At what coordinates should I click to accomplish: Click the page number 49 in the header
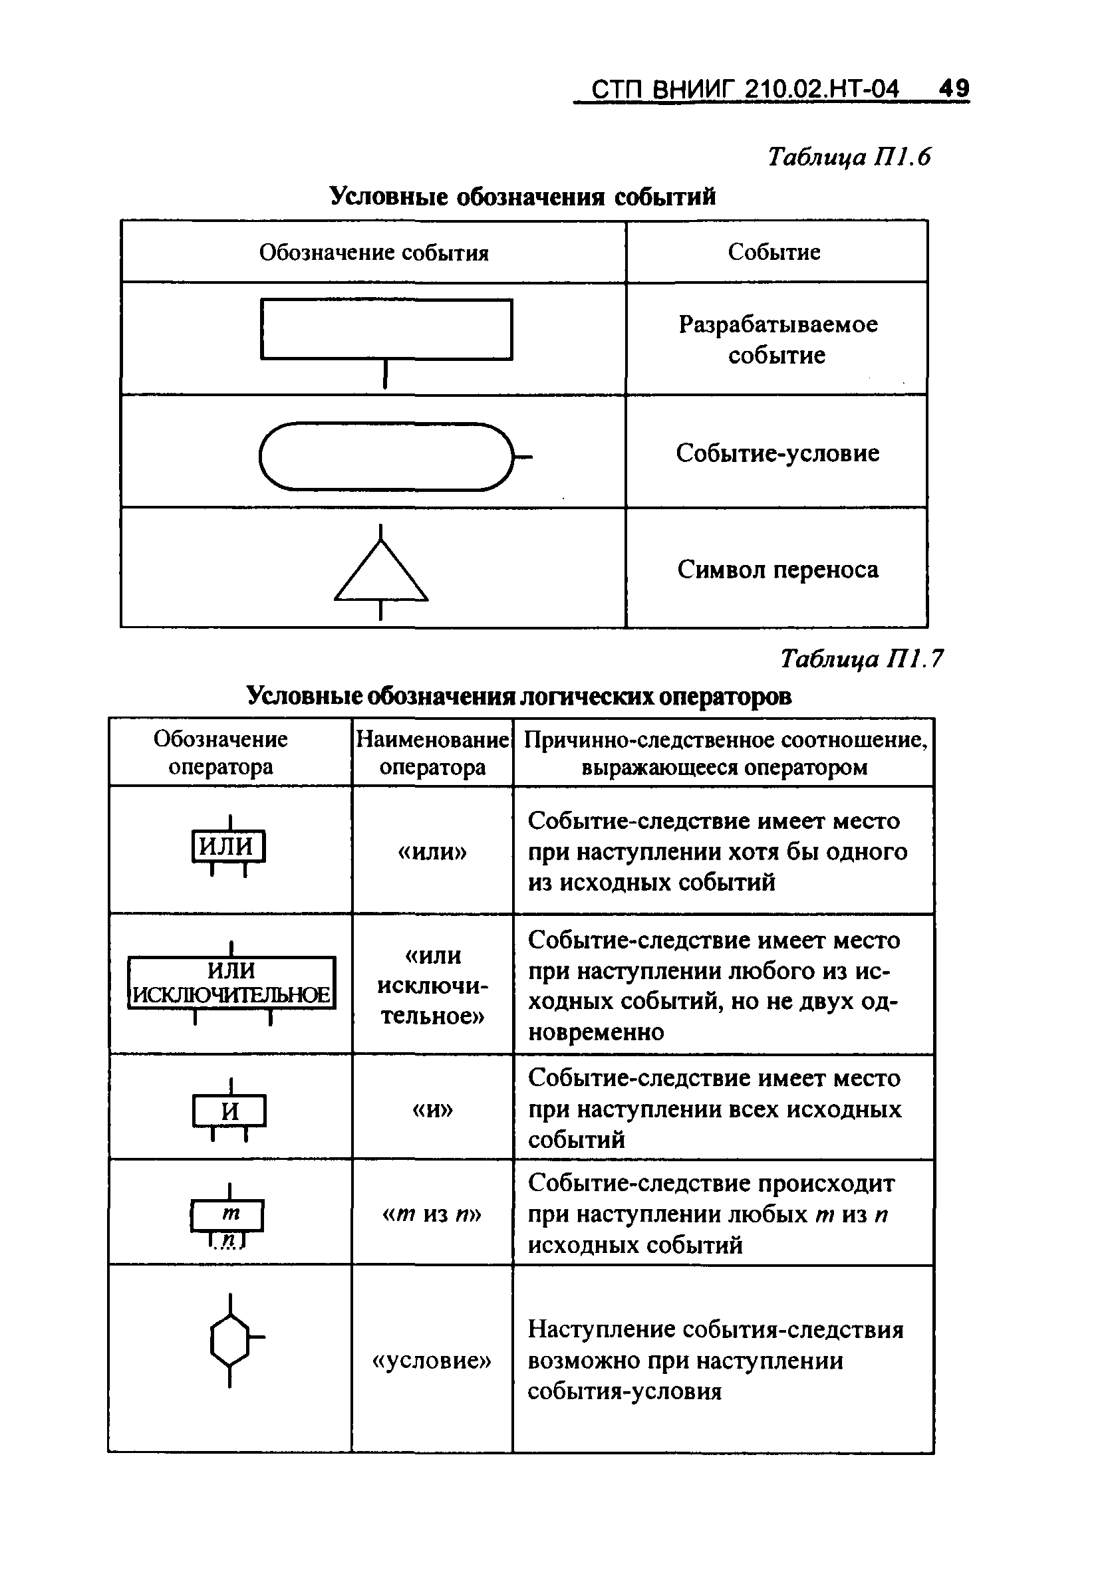pyautogui.click(x=954, y=88)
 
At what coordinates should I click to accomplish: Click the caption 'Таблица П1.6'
pyautogui.click(x=849, y=158)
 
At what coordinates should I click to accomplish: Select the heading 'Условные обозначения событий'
pyautogui.click(x=522, y=197)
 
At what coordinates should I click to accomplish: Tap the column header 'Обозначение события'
pyautogui.click(x=374, y=253)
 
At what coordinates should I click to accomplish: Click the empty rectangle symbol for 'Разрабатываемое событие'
pyautogui.click(x=386, y=329)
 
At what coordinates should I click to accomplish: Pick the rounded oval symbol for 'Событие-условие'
pyautogui.click(x=386, y=457)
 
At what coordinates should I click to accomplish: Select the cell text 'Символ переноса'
pyautogui.click(x=778, y=570)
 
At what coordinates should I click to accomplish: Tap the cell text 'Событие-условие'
pyautogui.click(x=777, y=453)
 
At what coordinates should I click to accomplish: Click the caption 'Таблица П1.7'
pyautogui.click(x=862, y=659)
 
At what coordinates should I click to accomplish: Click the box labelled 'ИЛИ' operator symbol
pyautogui.click(x=227, y=846)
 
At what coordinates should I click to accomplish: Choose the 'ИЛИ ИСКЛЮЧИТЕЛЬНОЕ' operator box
pyautogui.click(x=231, y=983)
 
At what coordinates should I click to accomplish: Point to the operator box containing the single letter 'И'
pyautogui.click(x=229, y=1111)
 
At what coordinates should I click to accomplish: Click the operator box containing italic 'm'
pyautogui.click(x=227, y=1215)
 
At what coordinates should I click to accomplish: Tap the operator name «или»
pyautogui.click(x=432, y=851)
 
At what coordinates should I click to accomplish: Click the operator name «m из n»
pyautogui.click(x=432, y=1214)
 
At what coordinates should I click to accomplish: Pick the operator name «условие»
pyautogui.click(x=432, y=1361)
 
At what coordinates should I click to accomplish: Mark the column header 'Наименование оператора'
pyautogui.click(x=432, y=752)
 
